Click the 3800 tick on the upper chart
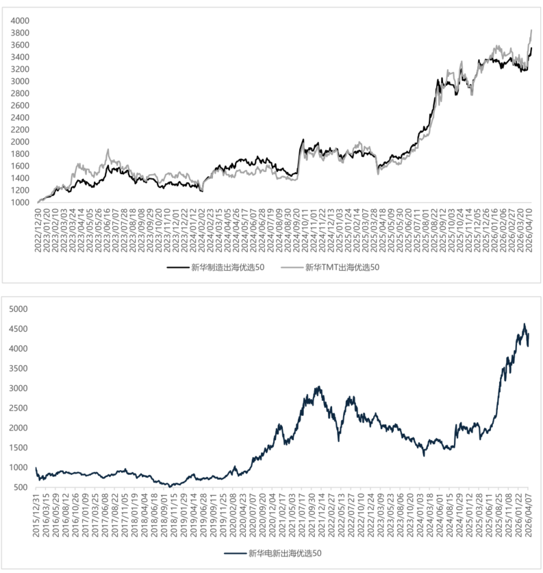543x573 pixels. (20, 33)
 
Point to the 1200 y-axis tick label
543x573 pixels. (20, 190)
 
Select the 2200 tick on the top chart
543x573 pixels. (20, 130)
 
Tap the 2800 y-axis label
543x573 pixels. (20, 93)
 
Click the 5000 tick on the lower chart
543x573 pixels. (20, 309)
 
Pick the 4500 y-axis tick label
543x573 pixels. (20, 329)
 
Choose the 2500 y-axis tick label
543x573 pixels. (20, 408)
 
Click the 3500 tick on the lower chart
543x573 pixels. (20, 369)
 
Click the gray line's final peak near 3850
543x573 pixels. (531, 30)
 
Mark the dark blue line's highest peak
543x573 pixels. (525, 324)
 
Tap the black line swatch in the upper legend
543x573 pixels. (178, 267)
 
